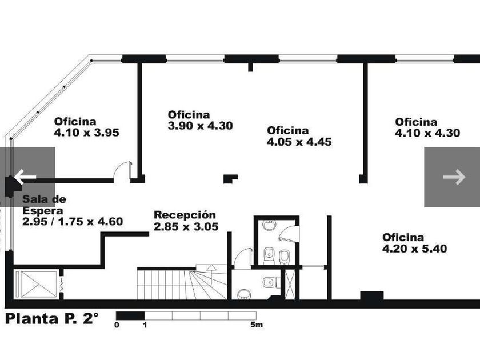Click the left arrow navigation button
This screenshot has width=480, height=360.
pyautogui.click(x=27, y=177)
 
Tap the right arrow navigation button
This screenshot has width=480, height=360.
pyautogui.click(x=452, y=177)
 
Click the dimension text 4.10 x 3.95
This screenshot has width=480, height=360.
pyautogui.click(x=87, y=133)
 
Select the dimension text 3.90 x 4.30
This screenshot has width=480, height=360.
pyautogui.click(x=200, y=126)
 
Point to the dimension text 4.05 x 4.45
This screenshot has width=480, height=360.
pyautogui.click(x=299, y=142)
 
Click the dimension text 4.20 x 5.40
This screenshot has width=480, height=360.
pyautogui.click(x=415, y=248)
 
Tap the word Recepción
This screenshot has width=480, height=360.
pyautogui.click(x=185, y=215)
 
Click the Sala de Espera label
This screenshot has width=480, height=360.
pyautogui.click(x=44, y=205)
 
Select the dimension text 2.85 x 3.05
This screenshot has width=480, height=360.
pyautogui.click(x=186, y=226)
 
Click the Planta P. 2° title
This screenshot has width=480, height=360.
pyautogui.click(x=52, y=318)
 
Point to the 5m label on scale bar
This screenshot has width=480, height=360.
pyautogui.click(x=257, y=325)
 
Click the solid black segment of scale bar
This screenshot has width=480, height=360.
pyautogui.click(x=130, y=315)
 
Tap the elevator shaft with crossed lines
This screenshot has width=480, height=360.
pyautogui.click(x=36, y=284)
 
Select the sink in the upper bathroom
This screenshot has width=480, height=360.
pyautogui.click(x=270, y=225)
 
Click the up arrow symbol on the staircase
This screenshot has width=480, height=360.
pyautogui.click(x=211, y=268)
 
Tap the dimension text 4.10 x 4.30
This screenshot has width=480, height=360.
pyautogui.click(x=427, y=133)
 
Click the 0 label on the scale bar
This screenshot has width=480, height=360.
pyautogui.click(x=117, y=325)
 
